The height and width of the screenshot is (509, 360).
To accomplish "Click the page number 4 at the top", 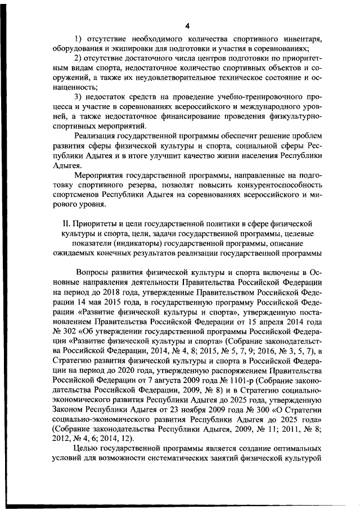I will coord(187,25).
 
